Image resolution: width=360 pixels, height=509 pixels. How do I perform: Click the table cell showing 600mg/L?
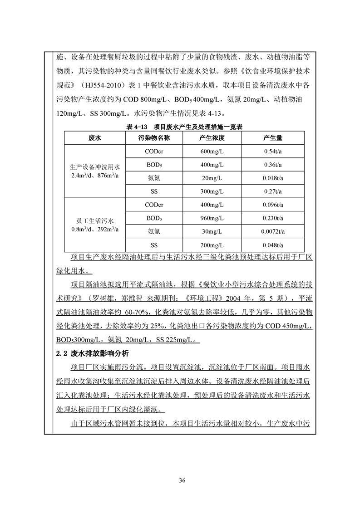pyautogui.click(x=212, y=151)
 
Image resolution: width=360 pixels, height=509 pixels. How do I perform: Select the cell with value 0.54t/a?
pyautogui.click(x=273, y=151)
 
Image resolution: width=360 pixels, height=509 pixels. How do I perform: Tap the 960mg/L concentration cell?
pyautogui.click(x=212, y=218)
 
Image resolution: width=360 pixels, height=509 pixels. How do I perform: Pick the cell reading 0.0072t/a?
pyautogui.click(x=273, y=232)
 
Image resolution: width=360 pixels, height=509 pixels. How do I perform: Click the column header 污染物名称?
pyautogui.click(x=154, y=137)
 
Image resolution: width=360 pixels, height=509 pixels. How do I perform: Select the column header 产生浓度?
pyautogui.click(x=212, y=137)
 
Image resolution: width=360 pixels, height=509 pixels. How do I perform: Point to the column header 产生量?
pyautogui.click(x=273, y=137)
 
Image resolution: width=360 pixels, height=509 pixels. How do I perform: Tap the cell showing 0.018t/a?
pyautogui.click(x=273, y=178)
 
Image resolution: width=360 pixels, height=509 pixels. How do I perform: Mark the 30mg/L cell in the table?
pyautogui.click(x=212, y=232)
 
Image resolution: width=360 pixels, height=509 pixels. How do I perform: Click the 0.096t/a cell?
pyautogui.click(x=273, y=205)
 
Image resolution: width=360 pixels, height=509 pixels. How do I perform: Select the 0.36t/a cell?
pyautogui.click(x=273, y=165)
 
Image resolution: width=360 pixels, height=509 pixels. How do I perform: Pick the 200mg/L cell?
pyautogui.click(x=212, y=245)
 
